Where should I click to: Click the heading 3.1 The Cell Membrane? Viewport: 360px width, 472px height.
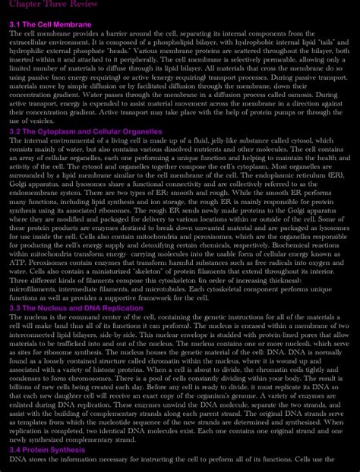tap(50, 25)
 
